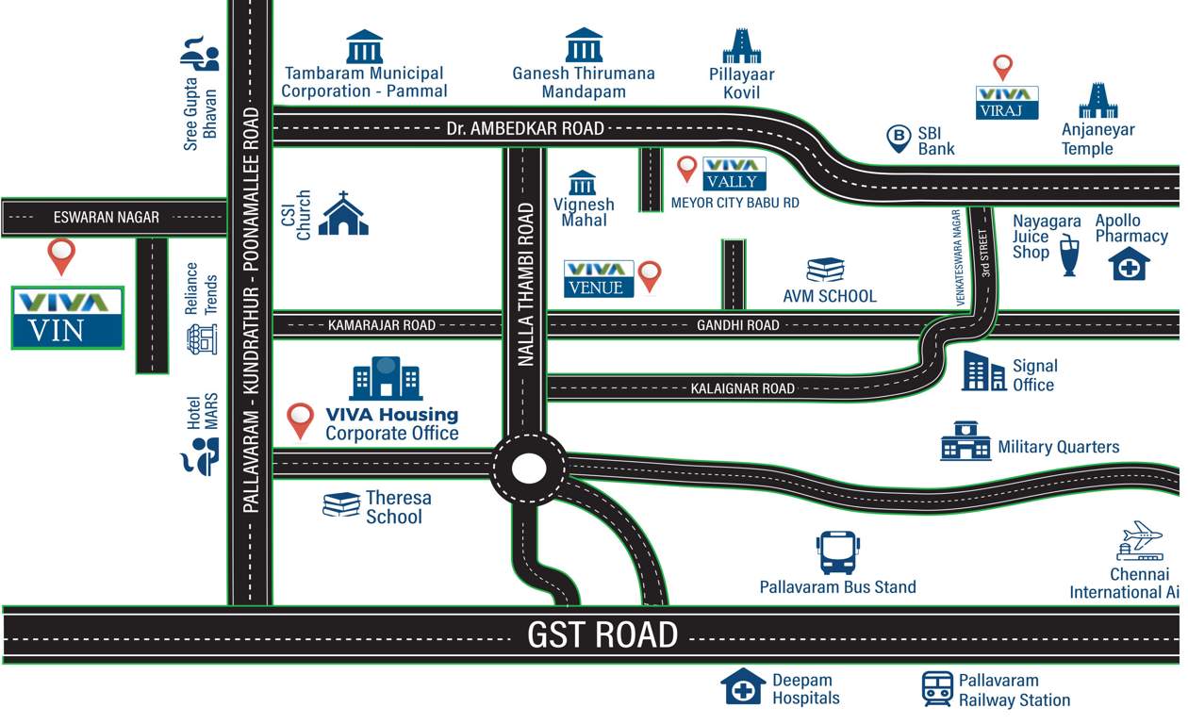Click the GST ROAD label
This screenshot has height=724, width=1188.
[x=602, y=634]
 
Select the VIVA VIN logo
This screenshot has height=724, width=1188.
[x=68, y=318]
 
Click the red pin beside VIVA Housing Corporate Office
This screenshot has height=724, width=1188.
[x=301, y=420]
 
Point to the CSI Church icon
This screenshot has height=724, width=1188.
[x=343, y=214]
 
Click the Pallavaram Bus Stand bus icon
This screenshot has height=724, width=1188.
[x=838, y=552]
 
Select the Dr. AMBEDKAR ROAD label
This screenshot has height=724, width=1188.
[x=525, y=129]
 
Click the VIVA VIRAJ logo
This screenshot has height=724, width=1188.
[x=1006, y=103]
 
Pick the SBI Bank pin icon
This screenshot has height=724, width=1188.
[x=899, y=140]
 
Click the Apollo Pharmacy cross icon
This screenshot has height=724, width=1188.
[x=1130, y=264]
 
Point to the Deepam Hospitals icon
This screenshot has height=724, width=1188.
[x=743, y=687]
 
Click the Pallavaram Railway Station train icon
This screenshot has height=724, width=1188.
[x=937, y=689]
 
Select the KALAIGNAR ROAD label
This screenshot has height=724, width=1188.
[x=742, y=388]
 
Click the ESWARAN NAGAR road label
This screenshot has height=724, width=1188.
[x=107, y=218]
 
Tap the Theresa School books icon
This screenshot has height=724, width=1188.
[x=341, y=505]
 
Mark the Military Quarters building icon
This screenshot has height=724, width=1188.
[x=965, y=441]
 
